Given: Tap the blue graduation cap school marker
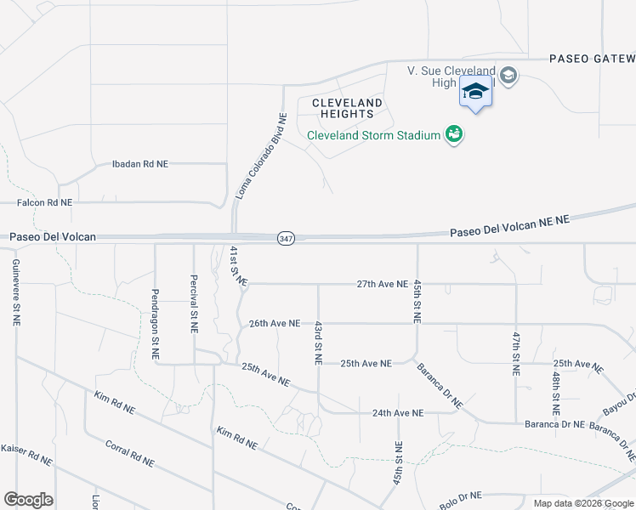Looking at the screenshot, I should click(x=476, y=92).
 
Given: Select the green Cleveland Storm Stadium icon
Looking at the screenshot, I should click(x=454, y=135).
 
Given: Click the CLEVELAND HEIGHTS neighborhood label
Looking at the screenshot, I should click(x=348, y=108).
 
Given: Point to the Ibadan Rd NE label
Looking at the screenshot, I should click(x=140, y=163).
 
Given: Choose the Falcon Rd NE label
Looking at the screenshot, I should click(x=45, y=203).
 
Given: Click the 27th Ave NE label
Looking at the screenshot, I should click(x=383, y=283).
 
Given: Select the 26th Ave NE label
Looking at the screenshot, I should click(x=275, y=323).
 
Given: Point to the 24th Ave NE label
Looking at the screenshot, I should click(x=397, y=413).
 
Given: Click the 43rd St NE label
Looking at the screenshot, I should click(x=317, y=343).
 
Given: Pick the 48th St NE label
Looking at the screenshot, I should click(x=555, y=387).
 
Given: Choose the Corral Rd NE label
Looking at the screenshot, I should click(x=129, y=453).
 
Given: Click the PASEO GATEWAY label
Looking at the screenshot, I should click(x=592, y=59).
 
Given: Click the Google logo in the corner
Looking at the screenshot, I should click(x=28, y=500).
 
